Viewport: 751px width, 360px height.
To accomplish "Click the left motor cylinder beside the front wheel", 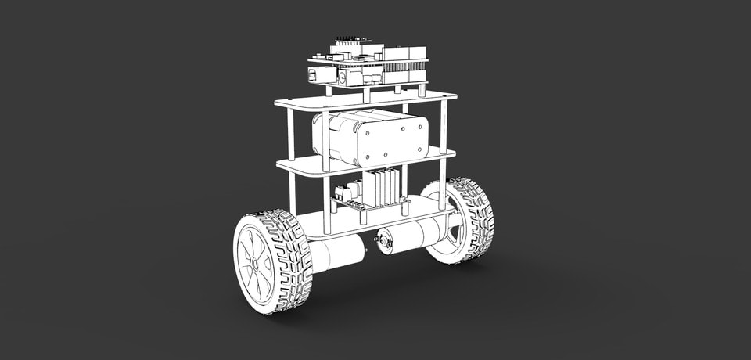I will (x=336, y=254).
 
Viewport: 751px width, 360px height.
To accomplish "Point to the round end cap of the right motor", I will (x=384, y=242).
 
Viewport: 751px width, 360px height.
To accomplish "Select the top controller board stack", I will (x=368, y=65).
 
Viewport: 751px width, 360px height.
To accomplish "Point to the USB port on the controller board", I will (x=315, y=74).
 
